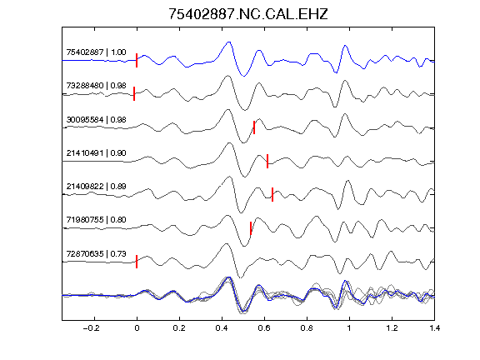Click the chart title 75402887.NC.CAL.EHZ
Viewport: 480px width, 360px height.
(248, 14)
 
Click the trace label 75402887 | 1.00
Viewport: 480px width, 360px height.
(96, 52)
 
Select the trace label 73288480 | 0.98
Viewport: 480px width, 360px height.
(96, 85)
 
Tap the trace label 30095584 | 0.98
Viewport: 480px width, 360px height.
(96, 119)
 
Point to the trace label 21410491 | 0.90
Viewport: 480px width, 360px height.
(96, 152)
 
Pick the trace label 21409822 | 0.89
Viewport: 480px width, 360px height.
(96, 186)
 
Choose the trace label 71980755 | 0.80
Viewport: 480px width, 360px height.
(96, 219)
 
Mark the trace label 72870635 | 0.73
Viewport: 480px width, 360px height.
(96, 254)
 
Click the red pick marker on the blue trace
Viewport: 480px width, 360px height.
(137, 60)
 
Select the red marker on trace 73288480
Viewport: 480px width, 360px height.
(134, 93)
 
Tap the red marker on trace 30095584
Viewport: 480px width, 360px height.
(254, 127)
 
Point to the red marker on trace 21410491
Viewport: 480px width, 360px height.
(267, 161)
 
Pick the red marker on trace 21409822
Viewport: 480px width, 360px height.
(272, 194)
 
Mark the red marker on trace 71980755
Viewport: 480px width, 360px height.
(251, 228)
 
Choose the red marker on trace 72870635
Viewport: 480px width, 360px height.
(137, 262)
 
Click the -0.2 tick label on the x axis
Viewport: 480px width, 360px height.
(92, 328)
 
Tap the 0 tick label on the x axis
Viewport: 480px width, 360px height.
(137, 328)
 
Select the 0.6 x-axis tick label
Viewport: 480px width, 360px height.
(264, 328)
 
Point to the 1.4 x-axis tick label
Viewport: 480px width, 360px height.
(434, 328)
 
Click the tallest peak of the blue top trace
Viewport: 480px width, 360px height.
(228, 42)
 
